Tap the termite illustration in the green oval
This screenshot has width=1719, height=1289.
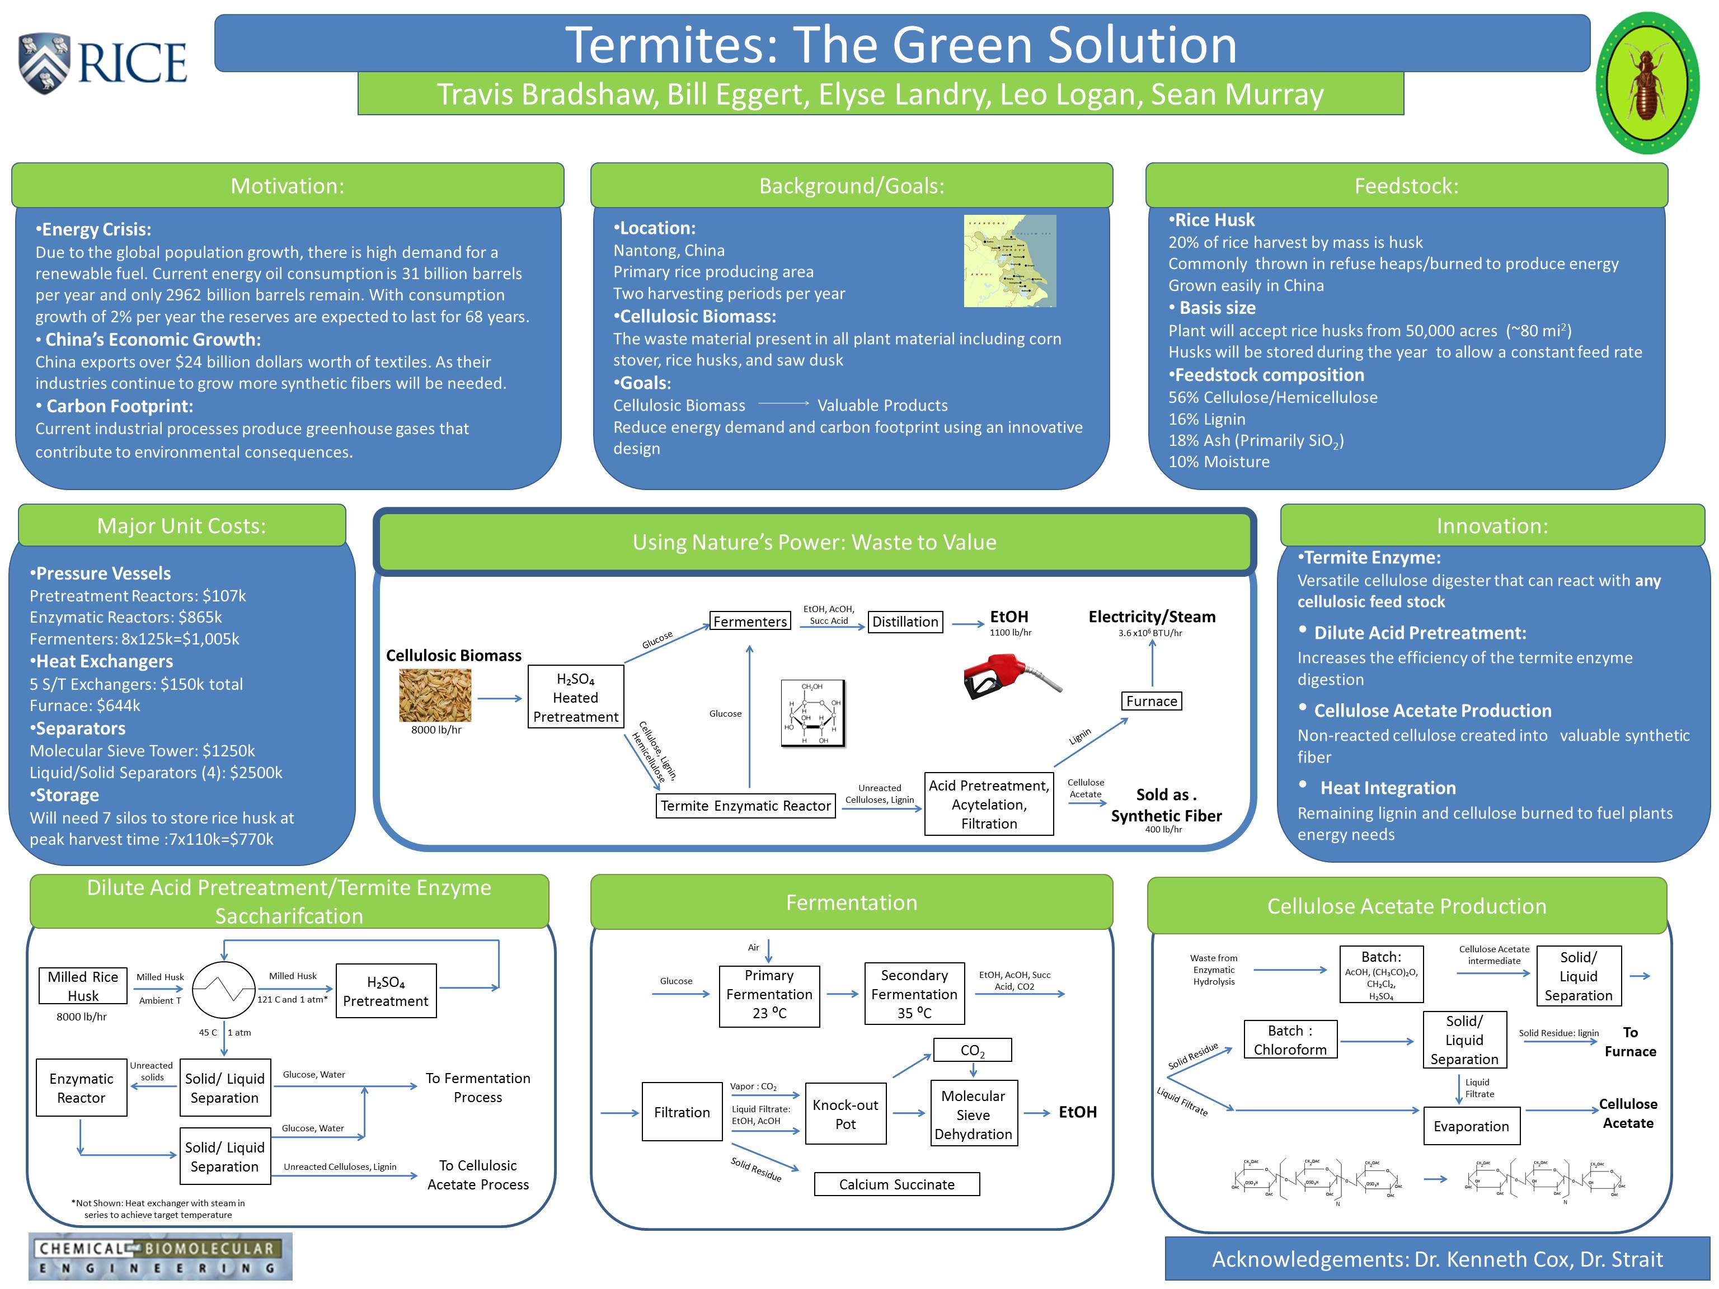click(1647, 83)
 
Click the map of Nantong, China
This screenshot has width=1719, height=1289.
click(1009, 261)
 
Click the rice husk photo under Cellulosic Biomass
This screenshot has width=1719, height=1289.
click(435, 695)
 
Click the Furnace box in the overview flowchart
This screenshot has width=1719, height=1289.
click(1152, 701)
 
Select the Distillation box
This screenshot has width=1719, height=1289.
click(905, 622)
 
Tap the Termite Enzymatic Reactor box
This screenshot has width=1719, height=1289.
click(745, 806)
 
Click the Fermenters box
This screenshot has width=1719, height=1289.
click(750, 622)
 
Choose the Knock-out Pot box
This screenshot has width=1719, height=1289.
click(846, 1114)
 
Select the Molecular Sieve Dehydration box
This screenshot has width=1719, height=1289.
click(973, 1114)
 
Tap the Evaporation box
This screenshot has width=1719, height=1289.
click(1471, 1126)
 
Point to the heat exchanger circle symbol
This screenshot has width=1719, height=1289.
click(224, 989)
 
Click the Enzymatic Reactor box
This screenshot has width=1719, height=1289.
click(82, 1088)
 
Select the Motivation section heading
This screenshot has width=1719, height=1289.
click(288, 186)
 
